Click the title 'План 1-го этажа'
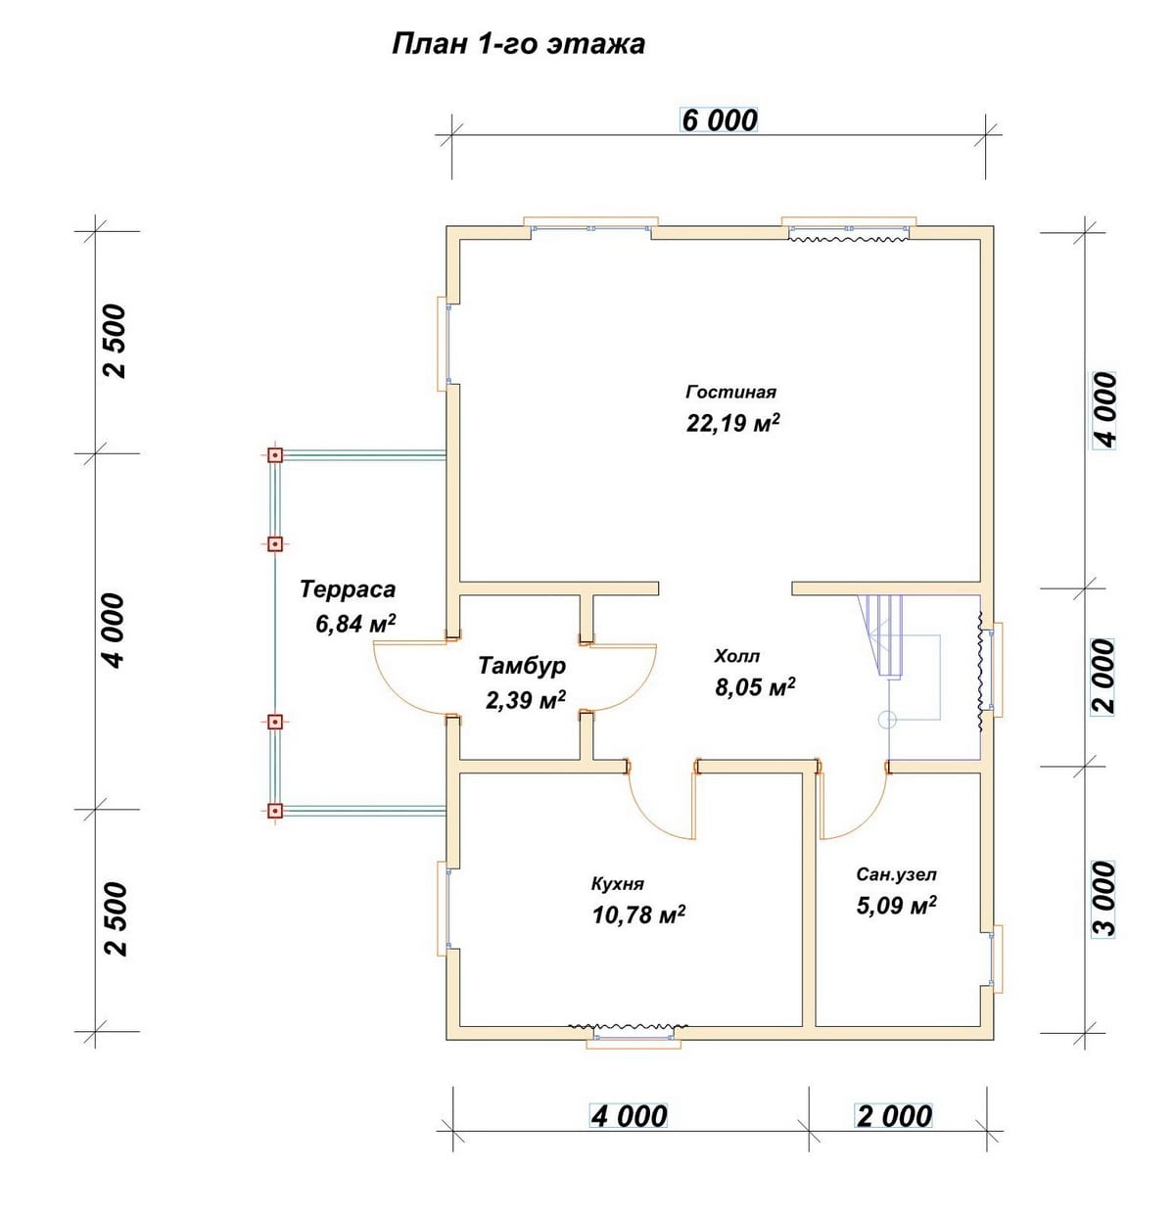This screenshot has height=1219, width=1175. (x=518, y=44)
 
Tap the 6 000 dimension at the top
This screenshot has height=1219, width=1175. (x=719, y=119)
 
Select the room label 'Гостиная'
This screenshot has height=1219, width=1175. (x=730, y=392)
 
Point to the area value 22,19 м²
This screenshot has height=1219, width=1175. (x=732, y=423)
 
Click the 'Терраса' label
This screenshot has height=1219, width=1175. (x=348, y=588)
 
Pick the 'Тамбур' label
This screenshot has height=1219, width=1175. (x=522, y=665)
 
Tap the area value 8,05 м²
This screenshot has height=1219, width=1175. (x=755, y=686)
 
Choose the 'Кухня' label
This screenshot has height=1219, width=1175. (x=618, y=884)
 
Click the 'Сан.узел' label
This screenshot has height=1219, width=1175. (x=896, y=874)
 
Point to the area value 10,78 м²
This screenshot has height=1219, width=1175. (x=638, y=915)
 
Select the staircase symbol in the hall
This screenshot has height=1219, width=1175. (x=884, y=635)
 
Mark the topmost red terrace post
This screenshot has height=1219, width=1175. (x=275, y=455)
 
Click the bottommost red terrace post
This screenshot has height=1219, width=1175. (x=275, y=812)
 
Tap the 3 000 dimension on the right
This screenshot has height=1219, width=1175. (x=1104, y=898)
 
